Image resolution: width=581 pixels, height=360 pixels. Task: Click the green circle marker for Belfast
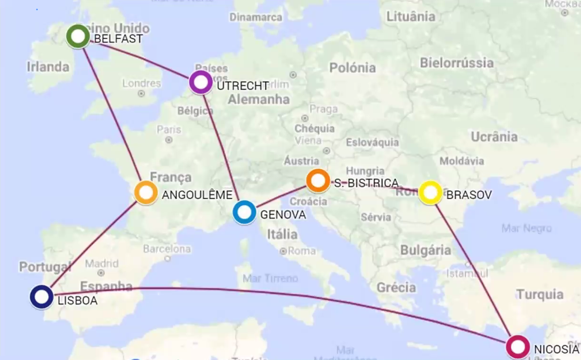pos(78,37)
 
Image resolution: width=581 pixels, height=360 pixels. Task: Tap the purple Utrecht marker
pos(201,82)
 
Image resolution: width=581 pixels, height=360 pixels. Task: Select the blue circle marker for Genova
pos(244,212)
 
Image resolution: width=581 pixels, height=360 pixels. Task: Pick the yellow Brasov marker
pos(430,193)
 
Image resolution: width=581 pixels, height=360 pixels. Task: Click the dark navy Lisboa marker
pos(42,297)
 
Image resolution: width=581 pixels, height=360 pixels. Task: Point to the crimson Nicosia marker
pos(517,347)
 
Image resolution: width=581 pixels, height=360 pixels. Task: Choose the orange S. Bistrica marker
pos(318,181)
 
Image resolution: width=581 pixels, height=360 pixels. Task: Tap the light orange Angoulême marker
pos(146,193)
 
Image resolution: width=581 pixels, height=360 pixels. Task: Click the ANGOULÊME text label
pos(197,195)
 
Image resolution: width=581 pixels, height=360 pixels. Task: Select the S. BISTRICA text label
pos(366,183)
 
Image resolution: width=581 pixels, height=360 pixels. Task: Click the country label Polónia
pos(352,68)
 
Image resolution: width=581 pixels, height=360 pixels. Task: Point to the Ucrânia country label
pos(494,137)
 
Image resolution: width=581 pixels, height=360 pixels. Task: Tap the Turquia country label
pos(540,295)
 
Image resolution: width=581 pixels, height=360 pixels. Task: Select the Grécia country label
pos(396,287)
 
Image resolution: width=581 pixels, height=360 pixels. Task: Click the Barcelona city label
pos(167,249)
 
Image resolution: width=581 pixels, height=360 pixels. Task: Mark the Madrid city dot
pos(101,273)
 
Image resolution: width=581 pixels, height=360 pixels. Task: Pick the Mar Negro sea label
pos(526,228)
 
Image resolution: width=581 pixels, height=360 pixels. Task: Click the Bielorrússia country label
pos(457,63)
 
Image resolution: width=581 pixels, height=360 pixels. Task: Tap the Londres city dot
pos(141,93)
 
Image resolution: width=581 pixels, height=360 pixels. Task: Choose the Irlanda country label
pos(48,66)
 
